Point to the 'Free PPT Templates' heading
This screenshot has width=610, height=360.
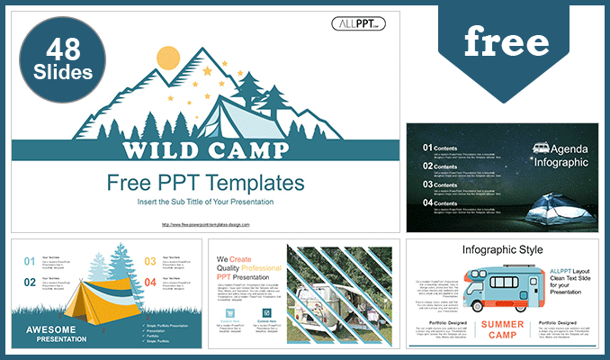pyautogui.click(x=206, y=183)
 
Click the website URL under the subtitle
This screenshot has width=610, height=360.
pyautogui.click(x=206, y=224)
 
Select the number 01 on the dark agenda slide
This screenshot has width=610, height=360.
pyautogui.click(x=427, y=147)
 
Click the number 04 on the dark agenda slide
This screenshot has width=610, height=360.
pyautogui.click(x=427, y=203)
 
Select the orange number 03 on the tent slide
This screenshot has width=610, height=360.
pyautogui.click(x=150, y=262)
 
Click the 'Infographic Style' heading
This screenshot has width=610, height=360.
pyautogui.click(x=502, y=249)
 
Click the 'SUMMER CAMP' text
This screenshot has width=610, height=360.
pyautogui.click(x=502, y=329)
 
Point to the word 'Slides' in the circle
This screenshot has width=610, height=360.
pyautogui.click(x=61, y=70)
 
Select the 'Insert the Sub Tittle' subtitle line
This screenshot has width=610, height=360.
pyautogui.click(x=206, y=201)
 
